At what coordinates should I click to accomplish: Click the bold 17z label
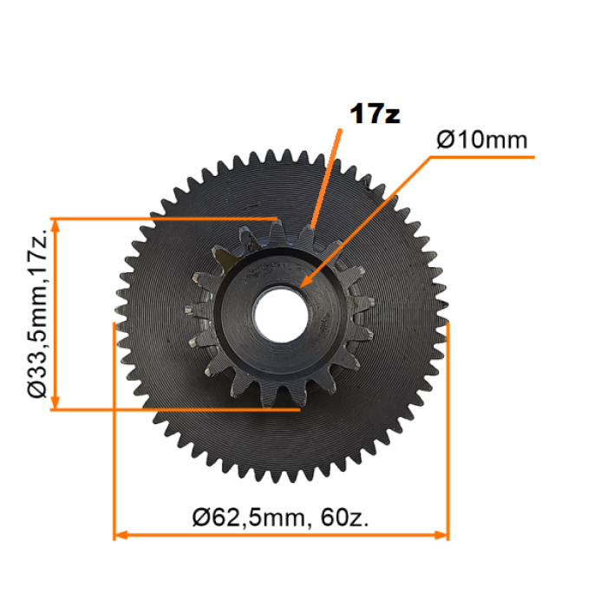[375, 114]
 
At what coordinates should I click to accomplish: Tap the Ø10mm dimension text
[482, 140]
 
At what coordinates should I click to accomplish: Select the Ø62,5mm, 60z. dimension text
[281, 518]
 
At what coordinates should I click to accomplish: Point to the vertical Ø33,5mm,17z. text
[37, 314]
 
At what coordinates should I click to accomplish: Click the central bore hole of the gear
[281, 315]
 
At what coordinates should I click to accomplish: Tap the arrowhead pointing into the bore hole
[305, 282]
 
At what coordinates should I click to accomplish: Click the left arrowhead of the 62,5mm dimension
[121, 535]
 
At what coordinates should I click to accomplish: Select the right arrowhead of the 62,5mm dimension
[441, 535]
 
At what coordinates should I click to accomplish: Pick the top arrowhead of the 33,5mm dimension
[55, 225]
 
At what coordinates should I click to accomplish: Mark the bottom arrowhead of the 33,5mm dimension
[55, 402]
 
